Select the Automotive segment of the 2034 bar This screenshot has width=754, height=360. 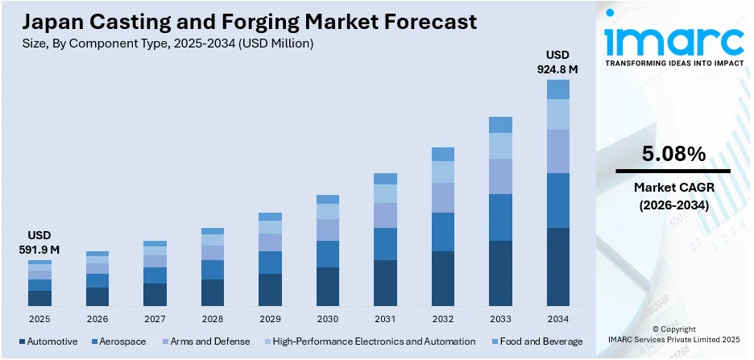pyautogui.click(x=557, y=267)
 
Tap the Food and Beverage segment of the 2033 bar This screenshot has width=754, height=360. pyautogui.click(x=500, y=125)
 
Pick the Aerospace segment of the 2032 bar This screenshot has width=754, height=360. pyautogui.click(x=443, y=232)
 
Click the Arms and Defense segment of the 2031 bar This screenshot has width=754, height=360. pyautogui.click(x=385, y=215)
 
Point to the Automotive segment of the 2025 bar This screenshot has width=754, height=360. pyautogui.click(x=39, y=298)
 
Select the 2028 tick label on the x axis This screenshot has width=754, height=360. pyautogui.click(x=213, y=319)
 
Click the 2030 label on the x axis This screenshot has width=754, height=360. pyautogui.click(x=328, y=319)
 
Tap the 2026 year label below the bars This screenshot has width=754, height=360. pyautogui.click(x=97, y=319)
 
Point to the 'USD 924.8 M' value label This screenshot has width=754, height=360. pyautogui.click(x=557, y=61)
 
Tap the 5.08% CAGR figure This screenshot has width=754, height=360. pyautogui.click(x=673, y=153)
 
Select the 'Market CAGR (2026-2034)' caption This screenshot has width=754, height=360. pyautogui.click(x=673, y=196)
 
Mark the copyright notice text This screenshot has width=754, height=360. pyautogui.click(x=673, y=334)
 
